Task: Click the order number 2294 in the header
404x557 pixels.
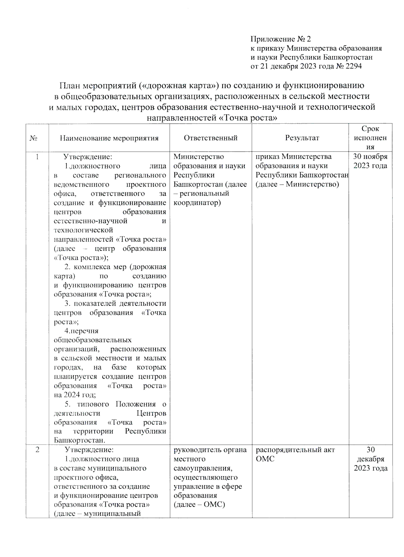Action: point(353,66)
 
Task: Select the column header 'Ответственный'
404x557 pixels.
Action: point(211,138)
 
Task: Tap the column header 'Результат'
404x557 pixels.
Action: point(302,138)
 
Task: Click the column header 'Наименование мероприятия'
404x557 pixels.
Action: point(109,138)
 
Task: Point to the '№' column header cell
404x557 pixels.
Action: point(33,138)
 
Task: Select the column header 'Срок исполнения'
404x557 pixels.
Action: point(370,138)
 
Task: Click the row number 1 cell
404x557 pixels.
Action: point(37,157)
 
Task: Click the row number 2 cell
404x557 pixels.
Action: point(37,450)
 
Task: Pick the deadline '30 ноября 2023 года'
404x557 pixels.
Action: point(370,161)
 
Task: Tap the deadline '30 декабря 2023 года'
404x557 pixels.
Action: point(370,459)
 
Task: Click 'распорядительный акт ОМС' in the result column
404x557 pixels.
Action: point(295,454)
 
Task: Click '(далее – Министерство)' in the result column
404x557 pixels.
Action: point(297,184)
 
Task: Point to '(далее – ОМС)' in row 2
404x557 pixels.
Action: point(199,504)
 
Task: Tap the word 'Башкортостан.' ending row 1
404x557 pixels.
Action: point(79,440)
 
